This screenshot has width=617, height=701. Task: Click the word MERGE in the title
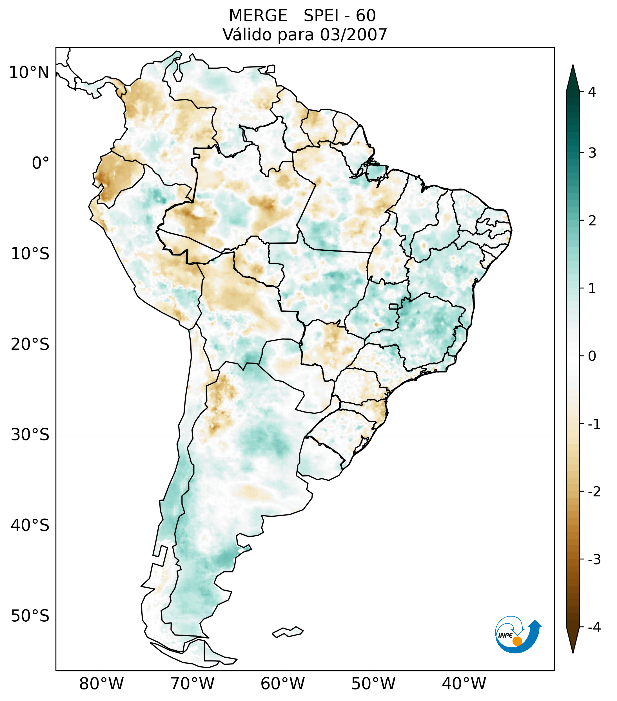point(258,16)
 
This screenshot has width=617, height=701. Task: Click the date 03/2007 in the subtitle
point(353,35)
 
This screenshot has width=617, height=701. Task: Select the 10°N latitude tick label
point(29,73)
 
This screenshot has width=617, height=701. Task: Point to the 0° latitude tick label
point(41,163)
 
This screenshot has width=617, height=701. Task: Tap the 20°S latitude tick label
point(30,345)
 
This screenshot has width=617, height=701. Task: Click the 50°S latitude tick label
point(30,616)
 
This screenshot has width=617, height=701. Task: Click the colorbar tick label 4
point(592,92)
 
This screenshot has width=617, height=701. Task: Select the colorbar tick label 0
point(592,356)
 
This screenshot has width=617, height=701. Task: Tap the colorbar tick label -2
point(594,492)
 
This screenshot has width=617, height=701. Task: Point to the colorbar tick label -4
point(594,628)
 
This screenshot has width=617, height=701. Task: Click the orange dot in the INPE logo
point(517,641)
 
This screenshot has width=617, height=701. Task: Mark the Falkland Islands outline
point(288,632)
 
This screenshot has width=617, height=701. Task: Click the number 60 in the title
point(366,16)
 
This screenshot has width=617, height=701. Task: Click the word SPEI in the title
point(321,16)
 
